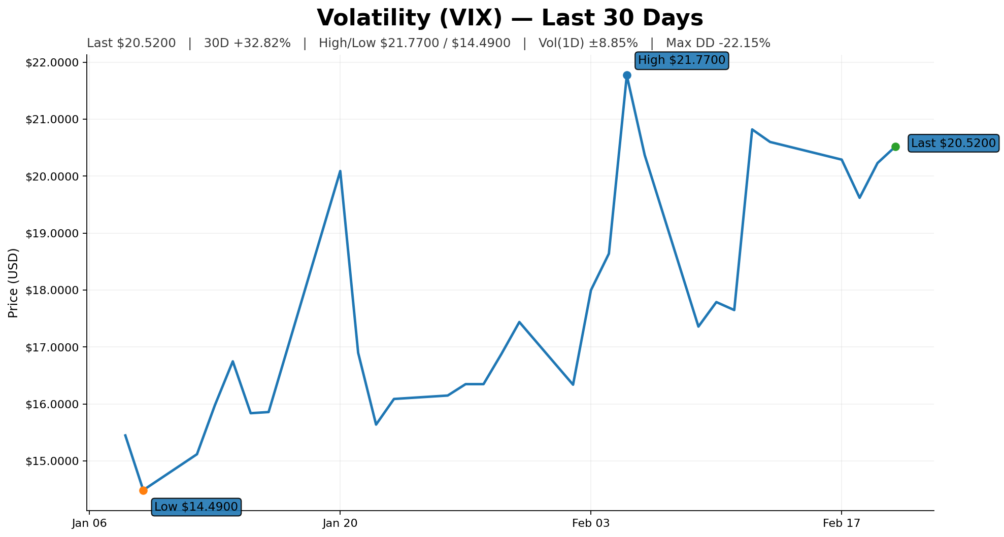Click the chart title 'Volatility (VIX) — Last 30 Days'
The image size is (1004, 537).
(510, 18)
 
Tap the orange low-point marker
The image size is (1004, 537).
(143, 490)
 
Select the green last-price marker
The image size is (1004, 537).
(895, 147)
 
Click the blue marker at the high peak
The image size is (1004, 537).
(627, 76)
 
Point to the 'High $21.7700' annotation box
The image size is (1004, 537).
(682, 61)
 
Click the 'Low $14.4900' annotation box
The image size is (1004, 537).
(196, 507)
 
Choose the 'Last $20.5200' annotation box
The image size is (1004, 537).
(953, 144)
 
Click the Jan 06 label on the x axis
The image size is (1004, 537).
(89, 523)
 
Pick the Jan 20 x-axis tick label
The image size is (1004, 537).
(340, 523)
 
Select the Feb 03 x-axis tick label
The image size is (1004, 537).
(590, 523)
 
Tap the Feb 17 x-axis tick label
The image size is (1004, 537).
(841, 523)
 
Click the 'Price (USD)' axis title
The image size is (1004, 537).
(14, 283)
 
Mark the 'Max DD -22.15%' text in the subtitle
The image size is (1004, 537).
(718, 44)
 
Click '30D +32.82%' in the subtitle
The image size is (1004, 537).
(247, 44)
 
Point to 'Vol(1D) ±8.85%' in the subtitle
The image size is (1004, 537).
(588, 44)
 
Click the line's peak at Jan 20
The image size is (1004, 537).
(340, 171)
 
